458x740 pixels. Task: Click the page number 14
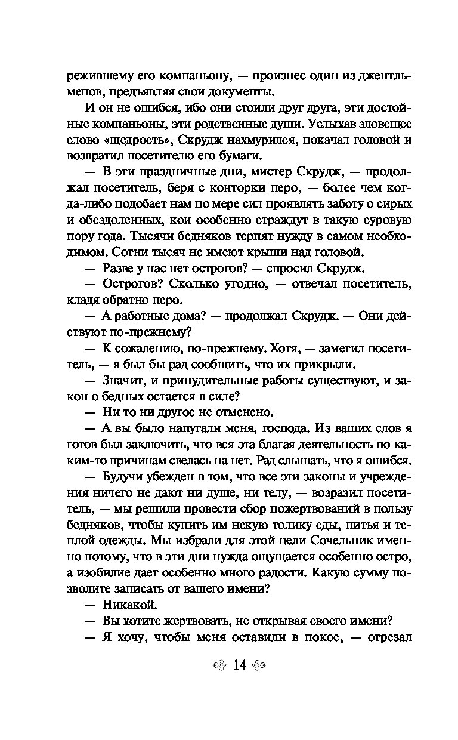(x=240, y=665)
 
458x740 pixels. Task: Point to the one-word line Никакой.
(x=122, y=603)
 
